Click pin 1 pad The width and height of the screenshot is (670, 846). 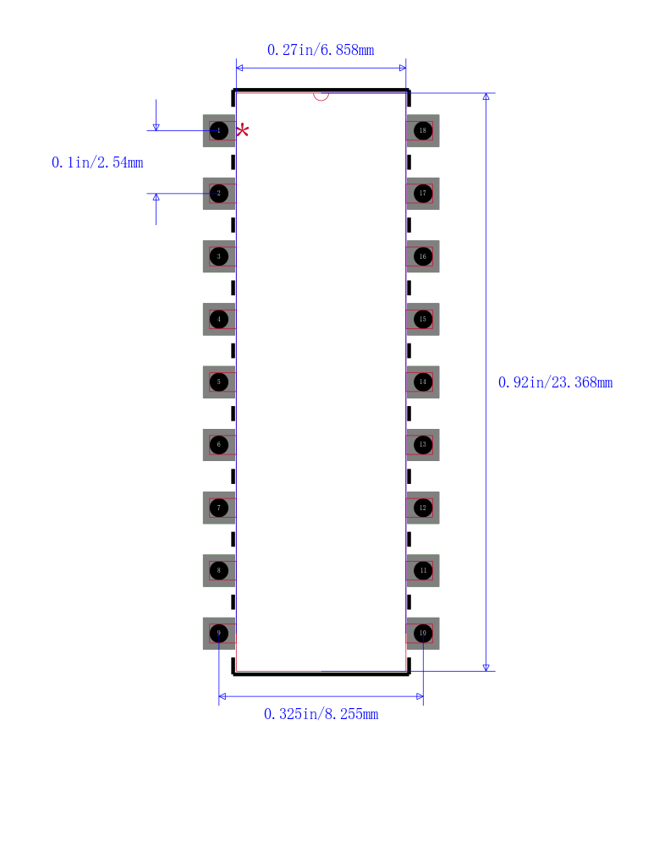[219, 130]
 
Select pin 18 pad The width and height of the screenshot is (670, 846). [422, 130]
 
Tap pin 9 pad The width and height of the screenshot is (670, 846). [219, 633]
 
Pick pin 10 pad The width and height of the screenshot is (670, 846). [422, 633]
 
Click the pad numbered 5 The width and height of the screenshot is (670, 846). [219, 382]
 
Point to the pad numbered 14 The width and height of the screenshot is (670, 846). [422, 382]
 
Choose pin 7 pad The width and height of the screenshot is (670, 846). [219, 508]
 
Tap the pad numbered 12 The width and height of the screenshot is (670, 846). [422, 508]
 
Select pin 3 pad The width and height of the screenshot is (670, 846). [219, 256]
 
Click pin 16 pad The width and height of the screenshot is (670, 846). [422, 256]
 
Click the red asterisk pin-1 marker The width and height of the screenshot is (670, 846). [243, 130]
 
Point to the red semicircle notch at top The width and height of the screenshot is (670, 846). [321, 96]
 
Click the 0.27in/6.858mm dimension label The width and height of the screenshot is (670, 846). [321, 50]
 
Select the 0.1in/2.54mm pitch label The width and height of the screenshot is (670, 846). [97, 162]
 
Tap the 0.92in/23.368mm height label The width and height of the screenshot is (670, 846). [555, 382]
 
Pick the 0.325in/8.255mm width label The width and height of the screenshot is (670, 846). [321, 714]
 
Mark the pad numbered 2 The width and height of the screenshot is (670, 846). [219, 193]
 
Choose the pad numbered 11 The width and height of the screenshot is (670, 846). [422, 570]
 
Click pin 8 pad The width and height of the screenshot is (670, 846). [219, 570]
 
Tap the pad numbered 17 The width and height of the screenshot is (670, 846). [422, 193]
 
